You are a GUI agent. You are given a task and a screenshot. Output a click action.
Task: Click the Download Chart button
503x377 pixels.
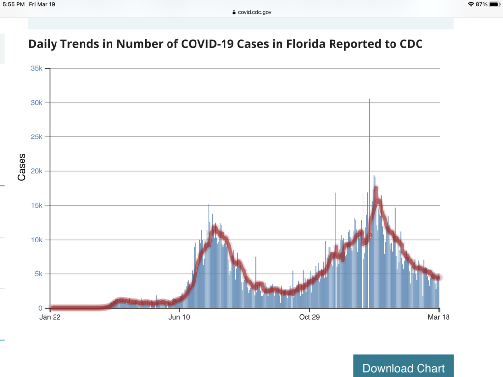click(403, 368)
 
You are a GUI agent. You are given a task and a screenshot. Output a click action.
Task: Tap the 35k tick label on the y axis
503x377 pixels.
click(37, 68)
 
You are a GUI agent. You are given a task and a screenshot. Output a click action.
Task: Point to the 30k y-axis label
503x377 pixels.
click(37, 103)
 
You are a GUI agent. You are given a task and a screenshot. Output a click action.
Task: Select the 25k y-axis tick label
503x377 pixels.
click(37, 137)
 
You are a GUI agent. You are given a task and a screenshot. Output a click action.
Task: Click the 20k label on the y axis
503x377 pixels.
click(37, 171)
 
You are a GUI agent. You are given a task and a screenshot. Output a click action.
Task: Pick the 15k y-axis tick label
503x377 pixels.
click(37, 206)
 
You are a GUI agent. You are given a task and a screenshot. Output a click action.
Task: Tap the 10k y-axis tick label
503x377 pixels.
click(37, 240)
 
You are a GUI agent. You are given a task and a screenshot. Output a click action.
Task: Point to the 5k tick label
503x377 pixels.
click(39, 274)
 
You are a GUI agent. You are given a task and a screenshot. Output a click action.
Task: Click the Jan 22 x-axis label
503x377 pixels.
click(50, 317)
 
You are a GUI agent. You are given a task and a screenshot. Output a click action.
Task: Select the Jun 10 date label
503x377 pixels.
click(179, 317)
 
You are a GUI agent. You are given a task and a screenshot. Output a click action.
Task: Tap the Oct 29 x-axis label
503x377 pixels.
click(309, 317)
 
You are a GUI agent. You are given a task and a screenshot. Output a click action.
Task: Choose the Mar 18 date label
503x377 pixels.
click(439, 317)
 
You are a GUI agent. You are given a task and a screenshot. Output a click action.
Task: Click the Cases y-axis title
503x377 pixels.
click(22, 167)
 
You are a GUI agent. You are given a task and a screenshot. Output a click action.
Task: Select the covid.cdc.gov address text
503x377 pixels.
click(254, 12)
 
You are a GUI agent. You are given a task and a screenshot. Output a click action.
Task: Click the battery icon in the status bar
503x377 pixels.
click(494, 4)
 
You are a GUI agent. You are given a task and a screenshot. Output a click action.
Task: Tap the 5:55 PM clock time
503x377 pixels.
click(13, 4)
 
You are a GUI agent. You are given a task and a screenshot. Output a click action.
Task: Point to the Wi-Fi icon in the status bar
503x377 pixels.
click(471, 4)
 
